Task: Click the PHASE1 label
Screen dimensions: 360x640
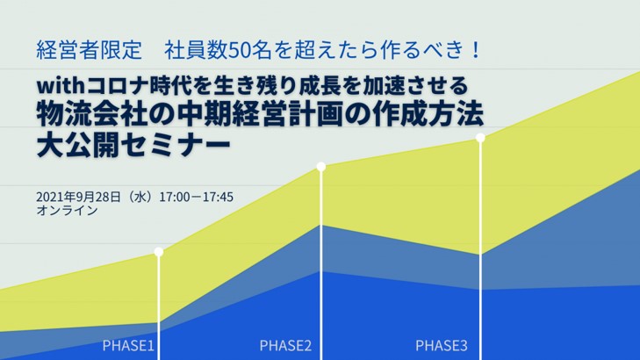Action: click(128, 345)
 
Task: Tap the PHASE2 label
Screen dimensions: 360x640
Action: click(285, 345)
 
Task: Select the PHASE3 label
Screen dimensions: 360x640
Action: click(441, 345)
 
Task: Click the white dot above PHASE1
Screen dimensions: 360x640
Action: click(159, 252)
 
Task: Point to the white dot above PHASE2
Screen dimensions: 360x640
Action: click(321, 166)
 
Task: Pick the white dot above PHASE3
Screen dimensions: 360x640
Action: click(480, 137)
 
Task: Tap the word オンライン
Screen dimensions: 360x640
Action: click(67, 212)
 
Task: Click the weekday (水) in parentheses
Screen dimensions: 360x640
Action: click(140, 197)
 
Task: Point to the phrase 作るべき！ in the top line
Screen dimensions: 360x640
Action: click(435, 49)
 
